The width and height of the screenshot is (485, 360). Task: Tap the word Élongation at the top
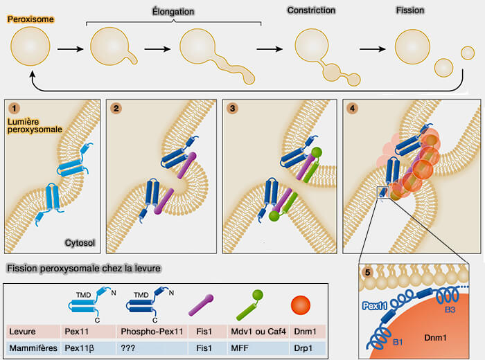[173, 12]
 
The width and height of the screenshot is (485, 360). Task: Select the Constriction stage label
[311, 11]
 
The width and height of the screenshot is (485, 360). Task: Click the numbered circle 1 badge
[13, 107]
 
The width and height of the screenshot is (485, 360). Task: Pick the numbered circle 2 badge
[116, 107]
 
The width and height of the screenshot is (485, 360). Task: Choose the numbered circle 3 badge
[232, 107]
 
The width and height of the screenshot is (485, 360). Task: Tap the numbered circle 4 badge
[353, 107]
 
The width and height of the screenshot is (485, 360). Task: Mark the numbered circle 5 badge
[368, 271]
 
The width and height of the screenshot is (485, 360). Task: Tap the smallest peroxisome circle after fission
[468, 53]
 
